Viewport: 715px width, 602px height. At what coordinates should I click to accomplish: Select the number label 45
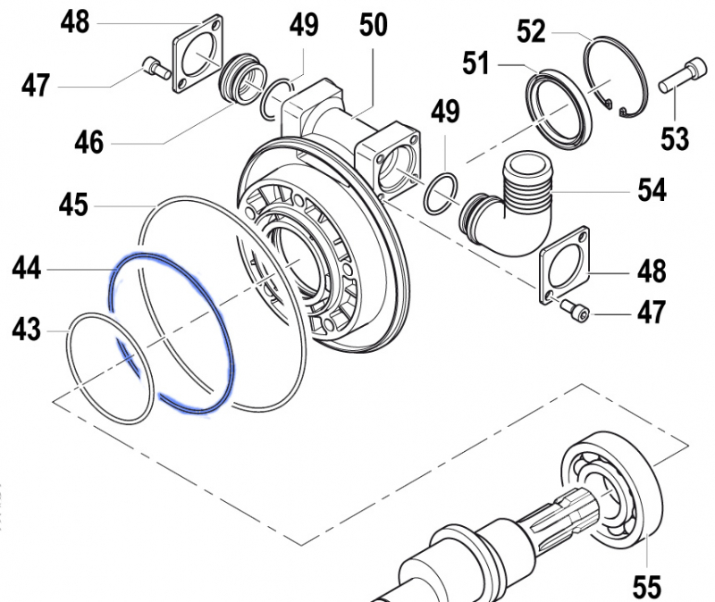point(73,206)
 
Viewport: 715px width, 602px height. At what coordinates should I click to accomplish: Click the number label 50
point(373,25)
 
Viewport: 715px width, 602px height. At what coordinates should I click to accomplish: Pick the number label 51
point(476,64)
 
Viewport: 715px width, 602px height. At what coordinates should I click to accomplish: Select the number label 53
point(675,138)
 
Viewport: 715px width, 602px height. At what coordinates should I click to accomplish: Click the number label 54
point(652,189)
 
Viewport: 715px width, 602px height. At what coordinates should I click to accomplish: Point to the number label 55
point(646,586)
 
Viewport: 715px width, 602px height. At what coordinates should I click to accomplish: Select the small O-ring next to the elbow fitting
point(442,192)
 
